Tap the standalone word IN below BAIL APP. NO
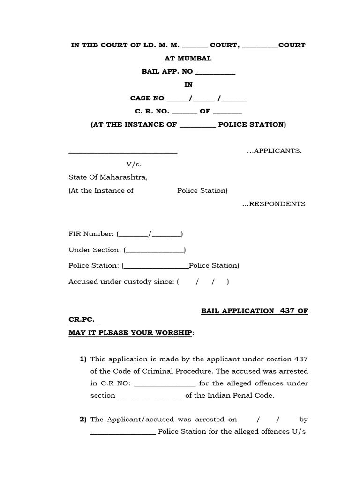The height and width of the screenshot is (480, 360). (188, 85)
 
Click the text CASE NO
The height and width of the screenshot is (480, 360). (147, 98)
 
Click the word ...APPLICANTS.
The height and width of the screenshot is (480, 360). (274, 151)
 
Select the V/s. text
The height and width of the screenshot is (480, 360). (134, 165)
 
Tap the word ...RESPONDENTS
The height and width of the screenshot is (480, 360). (274, 204)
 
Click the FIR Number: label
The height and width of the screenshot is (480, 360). (91, 233)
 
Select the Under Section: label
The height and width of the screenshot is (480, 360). (95, 250)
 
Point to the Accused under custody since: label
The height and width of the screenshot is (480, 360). (121, 282)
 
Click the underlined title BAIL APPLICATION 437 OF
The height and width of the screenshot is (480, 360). (255, 311)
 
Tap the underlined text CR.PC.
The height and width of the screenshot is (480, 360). (83, 320)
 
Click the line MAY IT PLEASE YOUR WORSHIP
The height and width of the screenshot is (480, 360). (130, 333)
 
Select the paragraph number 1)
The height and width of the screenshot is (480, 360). (83, 360)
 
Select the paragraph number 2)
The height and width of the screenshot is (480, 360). (83, 420)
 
